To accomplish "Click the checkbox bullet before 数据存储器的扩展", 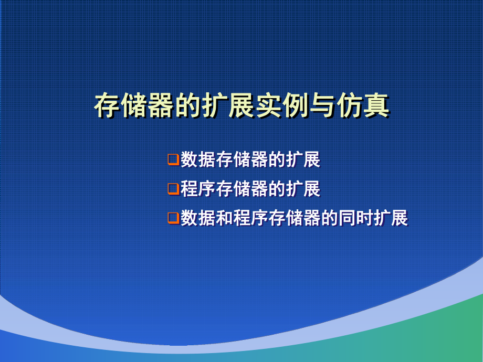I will click(173, 159).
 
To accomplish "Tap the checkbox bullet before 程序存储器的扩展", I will click(173, 189).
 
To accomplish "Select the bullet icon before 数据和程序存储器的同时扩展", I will click(173, 218).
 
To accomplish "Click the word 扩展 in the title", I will click(227, 105).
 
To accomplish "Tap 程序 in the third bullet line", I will click(250, 218).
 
